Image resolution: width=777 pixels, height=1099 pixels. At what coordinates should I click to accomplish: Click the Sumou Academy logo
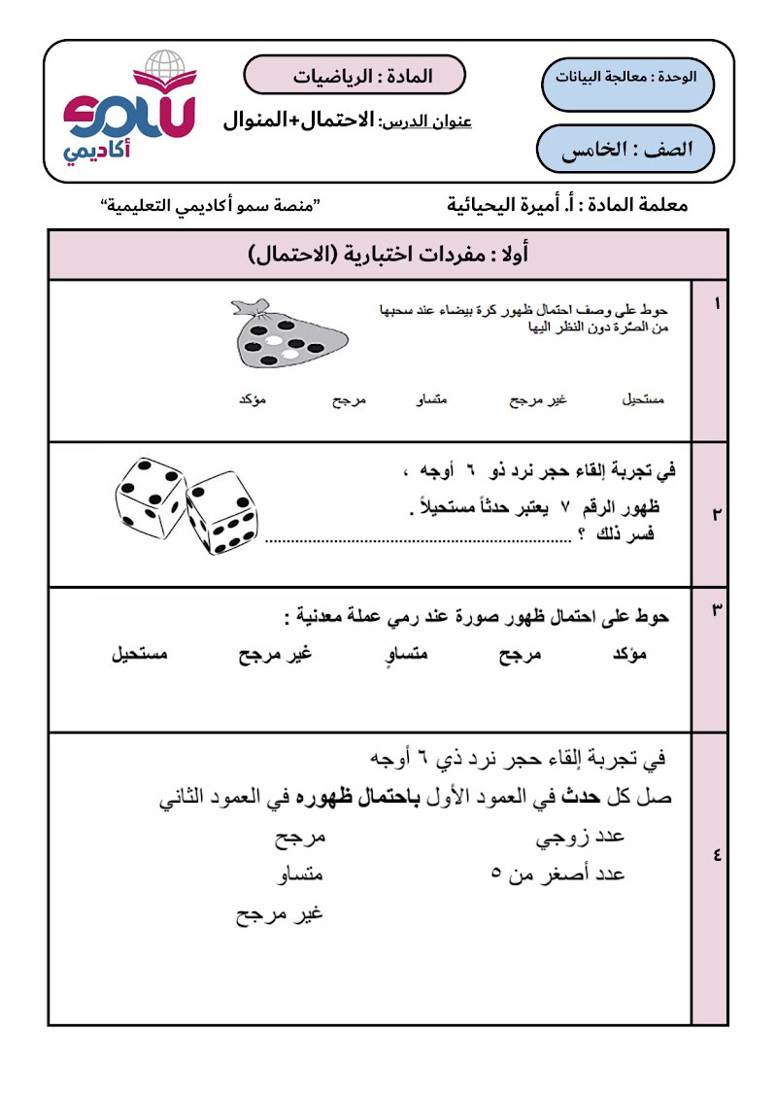129,109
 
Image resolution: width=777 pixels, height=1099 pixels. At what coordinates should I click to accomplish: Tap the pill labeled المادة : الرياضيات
354,75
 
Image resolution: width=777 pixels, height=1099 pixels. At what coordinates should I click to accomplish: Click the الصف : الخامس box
625,149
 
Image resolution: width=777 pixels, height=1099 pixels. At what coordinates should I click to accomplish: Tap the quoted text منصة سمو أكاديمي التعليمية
213,206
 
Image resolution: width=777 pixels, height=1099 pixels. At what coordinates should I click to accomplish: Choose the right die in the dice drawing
222,513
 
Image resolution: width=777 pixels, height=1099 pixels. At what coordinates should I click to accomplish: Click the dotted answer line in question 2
418,539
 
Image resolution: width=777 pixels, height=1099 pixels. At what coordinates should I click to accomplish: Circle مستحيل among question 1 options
642,400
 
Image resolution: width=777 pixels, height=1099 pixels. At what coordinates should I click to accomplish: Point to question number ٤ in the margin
716,856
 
